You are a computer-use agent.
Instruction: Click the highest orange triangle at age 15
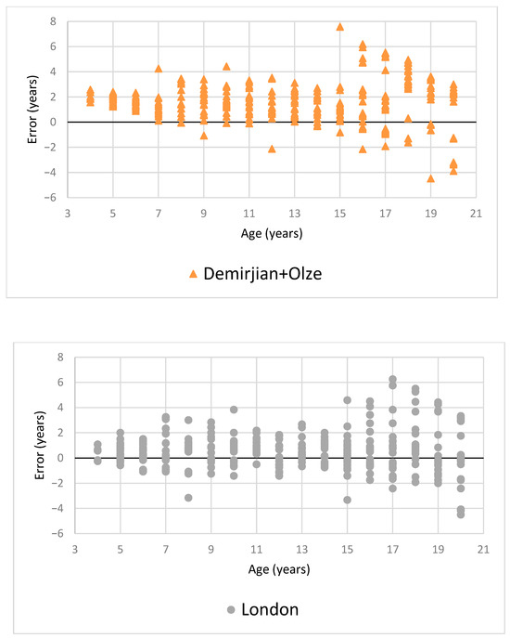pos(340,27)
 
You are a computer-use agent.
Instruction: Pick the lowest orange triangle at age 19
pos(430,178)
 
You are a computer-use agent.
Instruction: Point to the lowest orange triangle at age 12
pos(272,149)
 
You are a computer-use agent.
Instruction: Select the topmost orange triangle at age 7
pos(159,69)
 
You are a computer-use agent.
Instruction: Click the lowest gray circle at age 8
pos(188,498)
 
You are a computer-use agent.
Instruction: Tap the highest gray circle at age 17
pos(392,379)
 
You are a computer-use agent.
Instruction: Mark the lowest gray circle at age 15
pos(347,500)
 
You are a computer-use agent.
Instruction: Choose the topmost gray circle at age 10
pos(234,410)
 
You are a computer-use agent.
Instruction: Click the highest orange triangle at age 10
pos(226,66)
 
